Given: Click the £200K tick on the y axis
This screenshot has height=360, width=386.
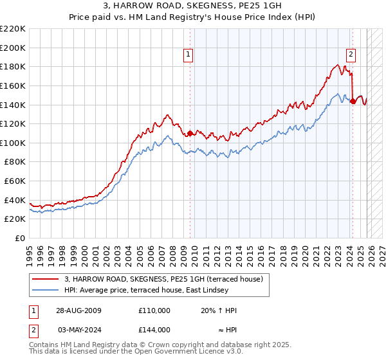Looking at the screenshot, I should [14, 48].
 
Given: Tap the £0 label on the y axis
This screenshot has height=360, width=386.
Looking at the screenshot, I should [21, 239].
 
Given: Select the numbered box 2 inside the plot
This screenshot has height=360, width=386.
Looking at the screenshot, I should [351, 55].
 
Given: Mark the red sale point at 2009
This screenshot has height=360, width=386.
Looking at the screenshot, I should [190, 133].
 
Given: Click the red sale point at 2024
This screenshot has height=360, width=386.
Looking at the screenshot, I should [353, 101].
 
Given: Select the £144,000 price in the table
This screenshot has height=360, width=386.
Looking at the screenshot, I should [154, 330].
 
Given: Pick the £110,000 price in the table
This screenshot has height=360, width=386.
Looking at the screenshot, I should [154, 310].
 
